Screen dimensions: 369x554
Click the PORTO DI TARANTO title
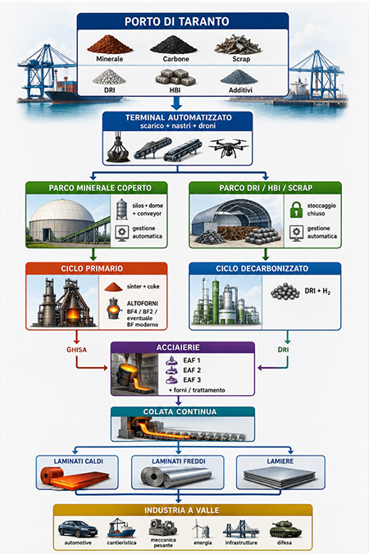177,21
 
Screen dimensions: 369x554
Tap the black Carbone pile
173,45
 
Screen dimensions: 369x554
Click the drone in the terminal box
229,148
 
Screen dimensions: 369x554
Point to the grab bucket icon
118,148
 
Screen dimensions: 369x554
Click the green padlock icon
296,209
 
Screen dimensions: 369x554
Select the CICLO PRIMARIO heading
92,268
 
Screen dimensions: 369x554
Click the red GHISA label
76,349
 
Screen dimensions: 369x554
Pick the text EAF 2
192,370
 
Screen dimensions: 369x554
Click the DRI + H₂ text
317,291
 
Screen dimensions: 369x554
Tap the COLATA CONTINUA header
180,411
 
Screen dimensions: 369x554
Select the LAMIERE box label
280,461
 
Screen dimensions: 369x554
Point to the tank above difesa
285,529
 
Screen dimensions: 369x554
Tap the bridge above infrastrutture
241,529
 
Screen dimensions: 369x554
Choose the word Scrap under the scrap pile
241,59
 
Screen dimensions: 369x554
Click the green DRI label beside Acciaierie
283,349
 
